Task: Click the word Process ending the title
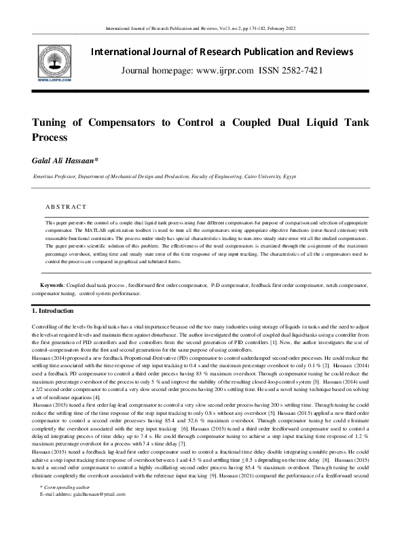click(x=49, y=137)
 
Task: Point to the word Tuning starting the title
click(x=51, y=123)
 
